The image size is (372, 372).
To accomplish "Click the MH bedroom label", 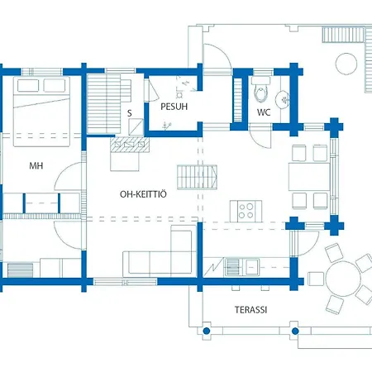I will pos(36,166).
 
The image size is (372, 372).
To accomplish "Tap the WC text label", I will pos(264,112).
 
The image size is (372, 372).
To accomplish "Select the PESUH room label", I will pos(168,107).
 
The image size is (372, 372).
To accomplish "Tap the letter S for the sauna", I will pos(129,113).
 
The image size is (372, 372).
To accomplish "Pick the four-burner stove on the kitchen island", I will pos(246,209).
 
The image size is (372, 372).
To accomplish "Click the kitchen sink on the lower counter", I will pos(231,266).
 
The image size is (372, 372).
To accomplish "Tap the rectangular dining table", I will pos(308,177).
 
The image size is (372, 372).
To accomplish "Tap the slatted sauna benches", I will pos(106,98).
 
